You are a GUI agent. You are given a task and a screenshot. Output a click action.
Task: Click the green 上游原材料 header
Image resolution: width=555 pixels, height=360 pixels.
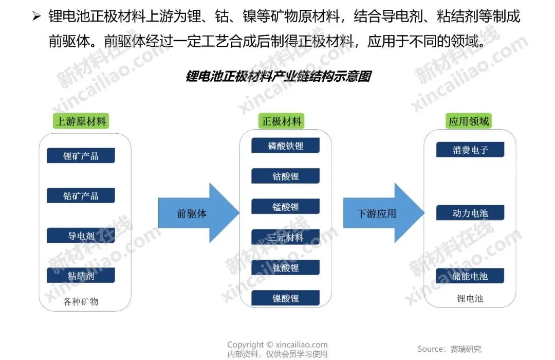tap(81, 121)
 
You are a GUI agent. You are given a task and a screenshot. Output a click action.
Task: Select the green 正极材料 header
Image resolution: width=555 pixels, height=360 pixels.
tap(282, 121)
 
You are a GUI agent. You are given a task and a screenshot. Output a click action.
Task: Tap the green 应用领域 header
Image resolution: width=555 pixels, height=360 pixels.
tap(469, 121)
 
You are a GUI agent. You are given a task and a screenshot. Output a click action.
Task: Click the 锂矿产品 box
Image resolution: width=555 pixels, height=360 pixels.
tap(81, 156)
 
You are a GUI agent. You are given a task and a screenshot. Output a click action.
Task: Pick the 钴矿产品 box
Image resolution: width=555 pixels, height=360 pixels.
tap(81, 196)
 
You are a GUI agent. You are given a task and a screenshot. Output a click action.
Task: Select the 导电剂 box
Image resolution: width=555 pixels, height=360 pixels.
tap(81, 236)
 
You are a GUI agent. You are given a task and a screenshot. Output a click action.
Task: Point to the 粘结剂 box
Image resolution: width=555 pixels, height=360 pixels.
tap(81, 276)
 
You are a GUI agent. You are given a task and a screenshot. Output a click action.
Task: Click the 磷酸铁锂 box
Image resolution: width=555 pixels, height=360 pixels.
tap(285, 146)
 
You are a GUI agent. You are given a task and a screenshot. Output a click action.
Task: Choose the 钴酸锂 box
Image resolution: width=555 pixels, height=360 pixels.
tap(285, 176)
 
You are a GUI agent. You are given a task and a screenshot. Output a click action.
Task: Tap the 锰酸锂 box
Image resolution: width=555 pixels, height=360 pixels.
tap(285, 207)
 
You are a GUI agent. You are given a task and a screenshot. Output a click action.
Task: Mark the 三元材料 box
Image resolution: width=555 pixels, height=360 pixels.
tap(285, 238)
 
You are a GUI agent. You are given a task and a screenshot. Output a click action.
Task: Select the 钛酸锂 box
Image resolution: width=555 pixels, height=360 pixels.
tap(285, 268)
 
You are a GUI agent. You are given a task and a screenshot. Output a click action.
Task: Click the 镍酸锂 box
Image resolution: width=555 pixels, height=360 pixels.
tap(285, 298)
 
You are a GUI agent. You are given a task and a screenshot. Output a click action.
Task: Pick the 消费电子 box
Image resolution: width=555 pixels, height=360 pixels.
tap(470, 150)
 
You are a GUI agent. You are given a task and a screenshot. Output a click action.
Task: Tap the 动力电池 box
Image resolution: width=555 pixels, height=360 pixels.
tap(470, 213)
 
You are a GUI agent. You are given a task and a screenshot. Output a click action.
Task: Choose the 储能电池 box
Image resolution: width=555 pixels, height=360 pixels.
tap(470, 276)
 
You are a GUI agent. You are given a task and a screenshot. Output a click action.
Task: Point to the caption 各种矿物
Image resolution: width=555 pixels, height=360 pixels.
tap(81, 301)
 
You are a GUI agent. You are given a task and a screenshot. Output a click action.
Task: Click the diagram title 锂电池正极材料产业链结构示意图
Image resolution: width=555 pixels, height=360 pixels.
tap(278, 77)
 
